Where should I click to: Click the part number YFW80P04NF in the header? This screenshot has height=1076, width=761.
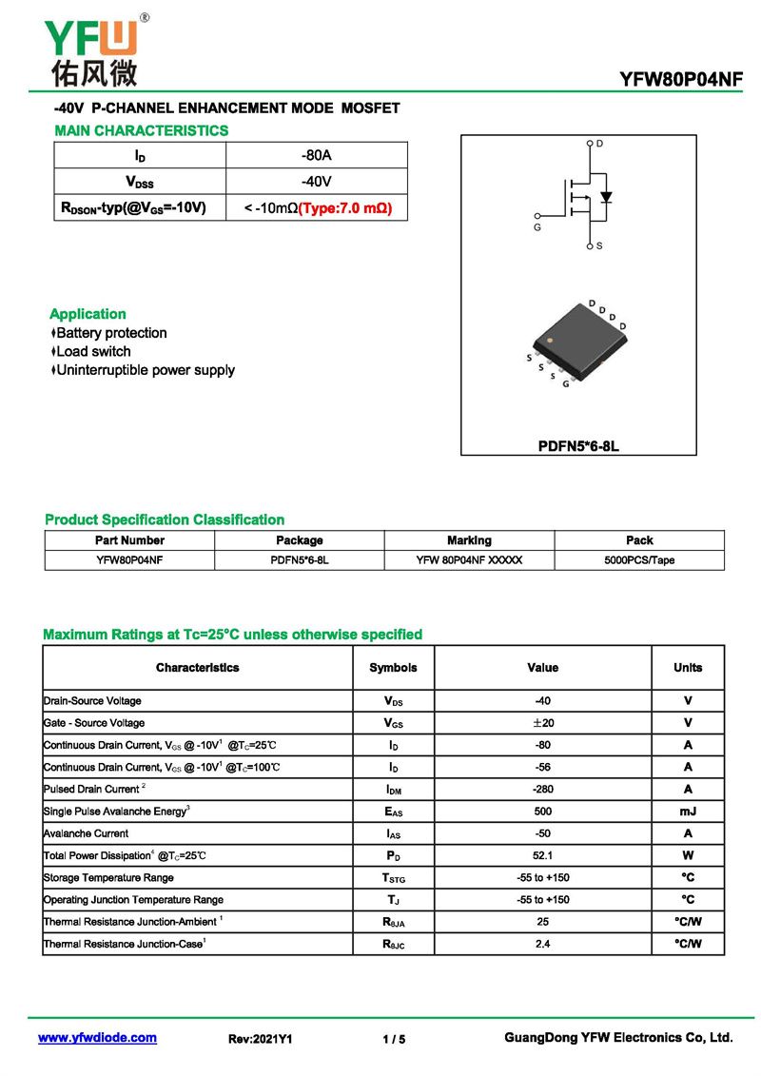(680, 80)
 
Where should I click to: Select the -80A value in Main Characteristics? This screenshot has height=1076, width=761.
(316, 155)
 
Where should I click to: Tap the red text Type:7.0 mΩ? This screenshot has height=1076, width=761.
(345, 207)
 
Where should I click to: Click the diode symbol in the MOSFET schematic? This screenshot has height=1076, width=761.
(606, 198)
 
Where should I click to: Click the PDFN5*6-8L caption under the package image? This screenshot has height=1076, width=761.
(578, 444)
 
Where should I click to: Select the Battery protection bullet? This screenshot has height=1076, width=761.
(109, 333)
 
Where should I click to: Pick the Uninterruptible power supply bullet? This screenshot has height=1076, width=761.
(143, 370)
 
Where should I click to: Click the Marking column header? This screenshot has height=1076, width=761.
(469, 540)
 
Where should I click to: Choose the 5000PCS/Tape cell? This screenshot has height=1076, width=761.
(639, 560)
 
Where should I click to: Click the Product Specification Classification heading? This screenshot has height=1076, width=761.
(165, 519)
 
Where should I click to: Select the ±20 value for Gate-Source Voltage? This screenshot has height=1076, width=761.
(543, 723)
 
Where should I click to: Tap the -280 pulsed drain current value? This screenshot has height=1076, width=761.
(543, 789)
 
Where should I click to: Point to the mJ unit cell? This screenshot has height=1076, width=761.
(688, 812)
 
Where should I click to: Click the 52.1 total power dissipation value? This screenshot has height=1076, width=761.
(543, 855)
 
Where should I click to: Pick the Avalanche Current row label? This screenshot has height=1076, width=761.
(86, 833)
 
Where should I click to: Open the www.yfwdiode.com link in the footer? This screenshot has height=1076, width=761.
(97, 1038)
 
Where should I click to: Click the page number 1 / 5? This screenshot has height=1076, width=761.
(394, 1039)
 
